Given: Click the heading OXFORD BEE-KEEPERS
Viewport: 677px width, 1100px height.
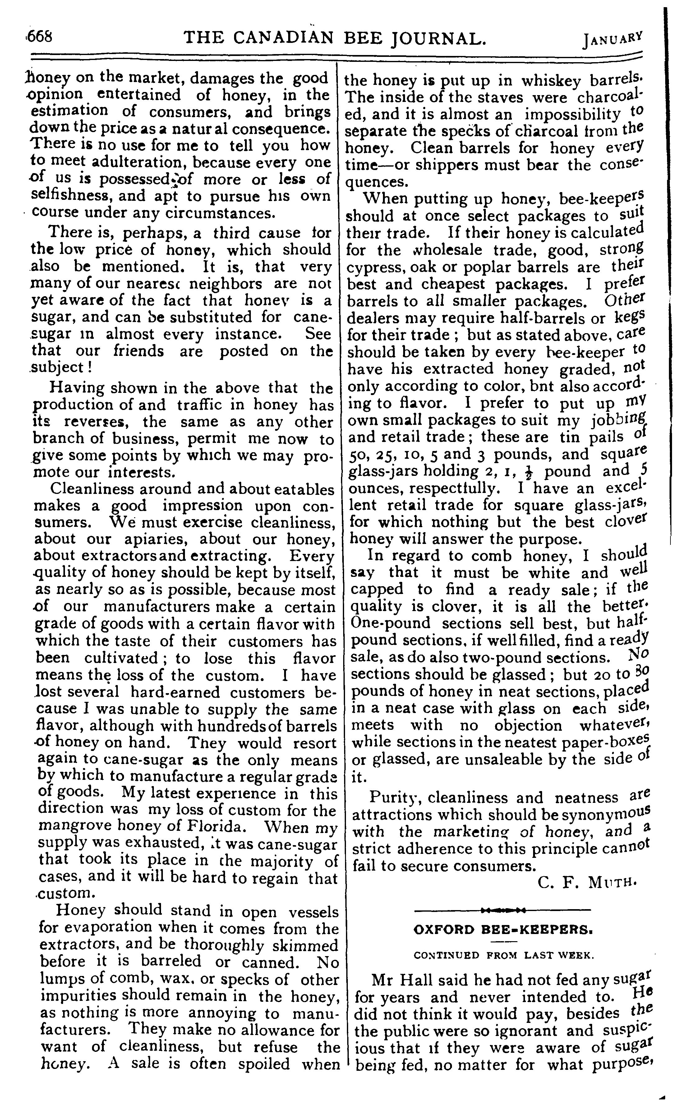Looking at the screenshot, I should pyautogui.click(x=503, y=929).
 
